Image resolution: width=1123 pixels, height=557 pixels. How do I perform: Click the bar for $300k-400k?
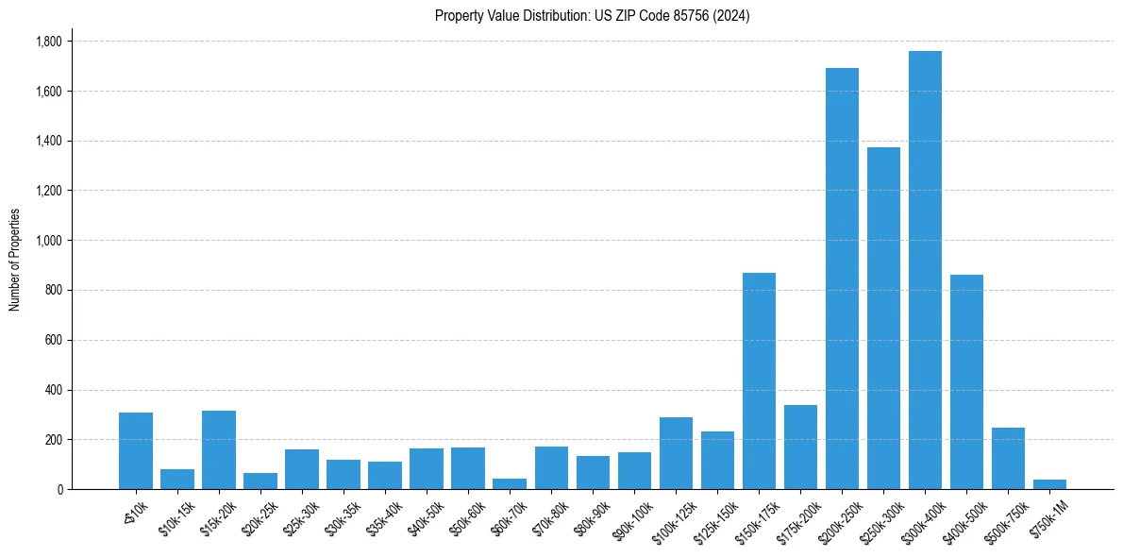[x=925, y=270]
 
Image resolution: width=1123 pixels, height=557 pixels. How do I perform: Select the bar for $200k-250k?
[x=842, y=278]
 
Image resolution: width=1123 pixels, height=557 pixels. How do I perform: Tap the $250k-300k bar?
[x=883, y=318]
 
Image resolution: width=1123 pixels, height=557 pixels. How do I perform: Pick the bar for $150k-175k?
[x=759, y=380]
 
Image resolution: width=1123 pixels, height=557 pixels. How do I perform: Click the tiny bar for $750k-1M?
[x=1049, y=484]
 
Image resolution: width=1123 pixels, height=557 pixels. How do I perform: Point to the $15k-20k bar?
[x=219, y=449]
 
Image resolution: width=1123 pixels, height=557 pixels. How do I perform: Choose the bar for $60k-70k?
[x=510, y=483]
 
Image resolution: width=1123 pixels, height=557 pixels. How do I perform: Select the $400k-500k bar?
[x=966, y=381]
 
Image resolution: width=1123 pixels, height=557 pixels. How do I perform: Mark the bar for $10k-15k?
[x=177, y=479]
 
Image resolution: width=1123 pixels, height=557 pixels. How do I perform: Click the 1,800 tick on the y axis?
[x=48, y=42]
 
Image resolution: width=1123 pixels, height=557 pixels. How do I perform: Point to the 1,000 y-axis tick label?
[x=48, y=241]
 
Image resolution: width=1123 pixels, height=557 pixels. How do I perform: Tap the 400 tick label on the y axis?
[x=55, y=390]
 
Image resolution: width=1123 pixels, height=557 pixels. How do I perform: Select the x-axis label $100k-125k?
[x=673, y=516]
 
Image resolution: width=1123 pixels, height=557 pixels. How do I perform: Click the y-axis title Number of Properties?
[x=14, y=260]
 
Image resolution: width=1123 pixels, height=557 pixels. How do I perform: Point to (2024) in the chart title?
[x=733, y=16]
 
